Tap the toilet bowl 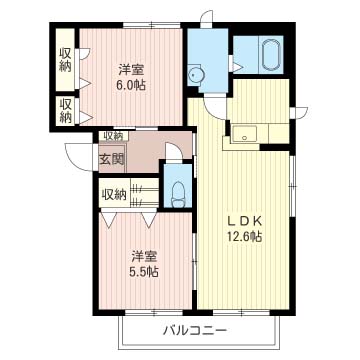(x=178, y=194)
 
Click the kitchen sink (x=245, y=134)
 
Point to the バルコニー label (x=195, y=331)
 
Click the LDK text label (x=245, y=221)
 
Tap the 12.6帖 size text (x=245, y=236)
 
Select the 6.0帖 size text (x=131, y=86)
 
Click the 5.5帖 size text (x=144, y=272)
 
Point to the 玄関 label (x=112, y=159)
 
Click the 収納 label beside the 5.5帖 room (x=114, y=194)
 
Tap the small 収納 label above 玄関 (x=113, y=135)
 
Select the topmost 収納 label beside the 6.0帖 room (x=66, y=60)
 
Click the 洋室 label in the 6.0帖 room (x=131, y=70)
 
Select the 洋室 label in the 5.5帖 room (x=144, y=257)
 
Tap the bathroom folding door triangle (x=237, y=67)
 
